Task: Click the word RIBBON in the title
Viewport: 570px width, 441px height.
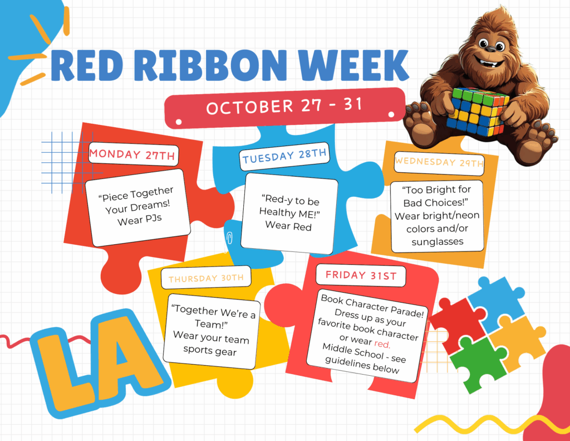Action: (212, 65)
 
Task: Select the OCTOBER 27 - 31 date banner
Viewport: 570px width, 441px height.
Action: (284, 107)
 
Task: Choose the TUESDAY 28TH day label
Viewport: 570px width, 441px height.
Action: (284, 156)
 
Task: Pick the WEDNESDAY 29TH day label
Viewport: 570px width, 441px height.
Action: (439, 162)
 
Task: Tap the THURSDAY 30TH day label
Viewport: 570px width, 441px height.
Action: (206, 278)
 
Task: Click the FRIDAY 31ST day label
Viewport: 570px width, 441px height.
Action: (361, 275)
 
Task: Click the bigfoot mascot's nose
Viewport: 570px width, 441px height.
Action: (491, 49)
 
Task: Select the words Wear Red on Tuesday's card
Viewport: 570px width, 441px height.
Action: (288, 226)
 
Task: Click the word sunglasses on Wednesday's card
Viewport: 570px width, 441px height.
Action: (438, 241)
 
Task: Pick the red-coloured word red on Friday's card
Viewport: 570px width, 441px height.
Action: (382, 344)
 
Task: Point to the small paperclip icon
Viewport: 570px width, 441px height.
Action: (229, 238)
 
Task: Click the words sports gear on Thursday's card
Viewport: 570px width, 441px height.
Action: (210, 350)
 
